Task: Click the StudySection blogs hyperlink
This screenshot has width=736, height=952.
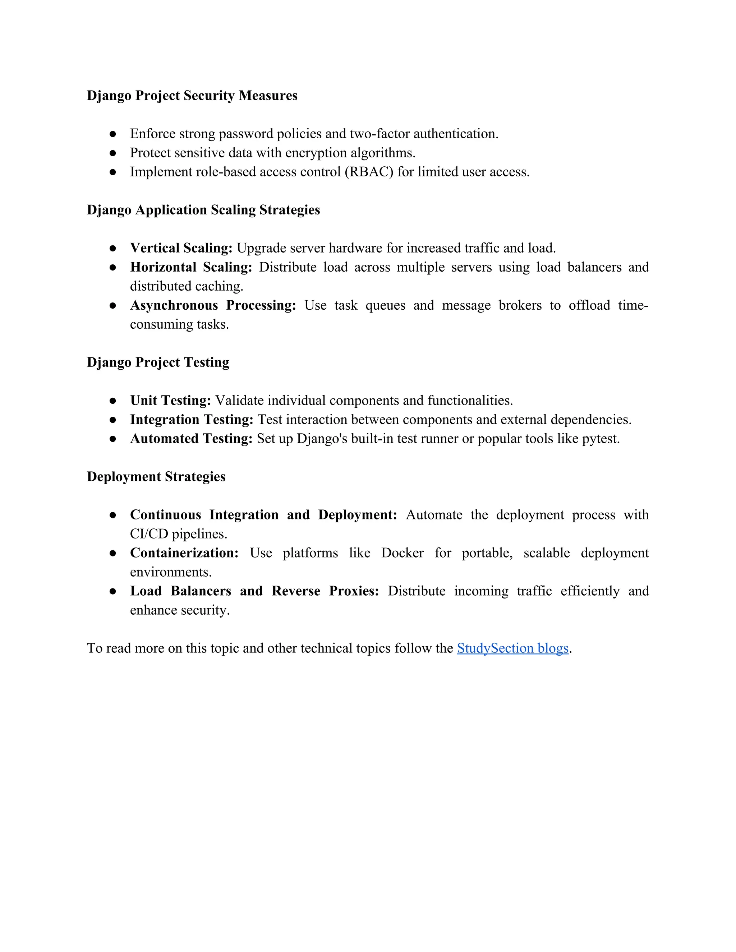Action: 512,648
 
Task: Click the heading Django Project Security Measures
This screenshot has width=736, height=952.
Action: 192,96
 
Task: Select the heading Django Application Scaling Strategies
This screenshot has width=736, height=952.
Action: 203,210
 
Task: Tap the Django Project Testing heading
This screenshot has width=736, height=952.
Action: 158,362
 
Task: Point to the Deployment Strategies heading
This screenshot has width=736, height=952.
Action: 156,476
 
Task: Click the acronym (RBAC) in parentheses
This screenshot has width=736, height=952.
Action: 369,172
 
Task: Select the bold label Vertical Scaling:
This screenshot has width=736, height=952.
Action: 181,248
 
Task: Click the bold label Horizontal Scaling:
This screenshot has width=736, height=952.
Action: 191,267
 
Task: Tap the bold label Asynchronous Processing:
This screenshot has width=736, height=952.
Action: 213,305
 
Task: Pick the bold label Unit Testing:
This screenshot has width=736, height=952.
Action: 170,400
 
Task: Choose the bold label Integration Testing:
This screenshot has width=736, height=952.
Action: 192,419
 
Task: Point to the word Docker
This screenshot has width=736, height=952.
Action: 402,553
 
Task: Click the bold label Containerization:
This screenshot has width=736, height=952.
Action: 184,553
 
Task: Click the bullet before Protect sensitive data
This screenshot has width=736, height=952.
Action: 112,153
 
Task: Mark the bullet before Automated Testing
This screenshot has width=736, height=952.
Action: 112,439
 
